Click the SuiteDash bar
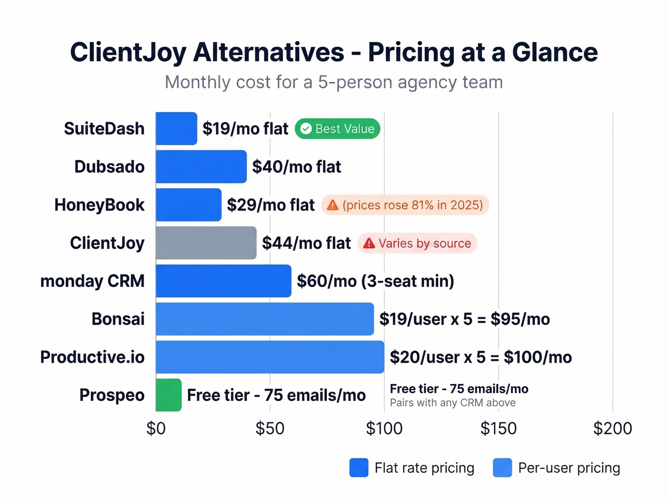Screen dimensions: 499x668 pos(176,128)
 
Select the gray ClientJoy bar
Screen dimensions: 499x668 pos(206,243)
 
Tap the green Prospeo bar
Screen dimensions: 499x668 pos(168,395)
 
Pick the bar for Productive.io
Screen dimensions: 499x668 pos(270,357)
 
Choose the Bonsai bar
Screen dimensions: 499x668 pos(264,319)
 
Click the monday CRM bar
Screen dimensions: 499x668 pos(223,281)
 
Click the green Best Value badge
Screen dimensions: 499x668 pos(337,129)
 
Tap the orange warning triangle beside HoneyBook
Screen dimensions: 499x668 pos(333,205)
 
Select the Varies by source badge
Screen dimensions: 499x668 pos(417,243)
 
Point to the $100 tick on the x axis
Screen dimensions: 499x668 pos(384,428)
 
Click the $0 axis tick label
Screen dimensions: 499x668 pos(156,428)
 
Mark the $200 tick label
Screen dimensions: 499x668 pos(613,428)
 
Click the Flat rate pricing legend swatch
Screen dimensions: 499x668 pos(359,468)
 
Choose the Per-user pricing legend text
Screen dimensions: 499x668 pos(569,468)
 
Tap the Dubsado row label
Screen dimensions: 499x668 pos(109,167)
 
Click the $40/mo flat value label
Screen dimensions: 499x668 pos(296,167)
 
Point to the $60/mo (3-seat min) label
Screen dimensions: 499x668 pos(375,281)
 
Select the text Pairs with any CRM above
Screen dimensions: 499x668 pos(452,403)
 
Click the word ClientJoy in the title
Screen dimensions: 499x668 pos(128,52)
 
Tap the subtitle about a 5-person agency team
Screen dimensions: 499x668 pos(334,82)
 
